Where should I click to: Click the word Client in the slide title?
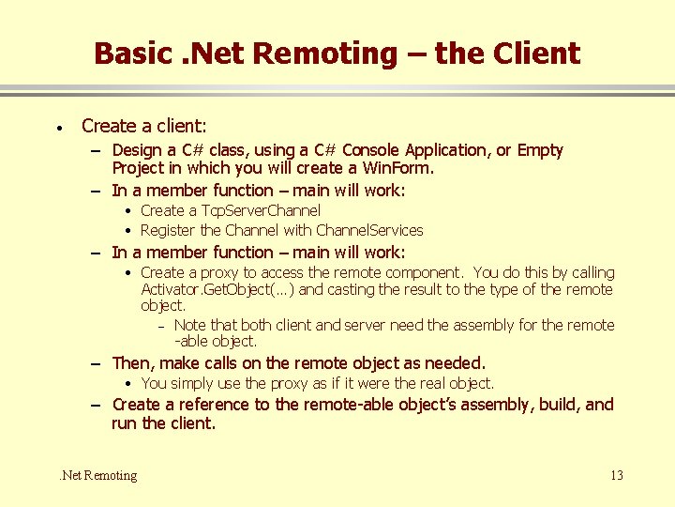click(x=534, y=53)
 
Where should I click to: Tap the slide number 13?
click(x=616, y=475)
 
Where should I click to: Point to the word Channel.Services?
click(x=369, y=230)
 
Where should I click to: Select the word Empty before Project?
click(x=540, y=150)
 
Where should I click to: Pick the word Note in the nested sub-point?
click(x=190, y=325)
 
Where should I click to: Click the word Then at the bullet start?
click(x=132, y=363)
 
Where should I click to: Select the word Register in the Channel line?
click(x=169, y=230)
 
